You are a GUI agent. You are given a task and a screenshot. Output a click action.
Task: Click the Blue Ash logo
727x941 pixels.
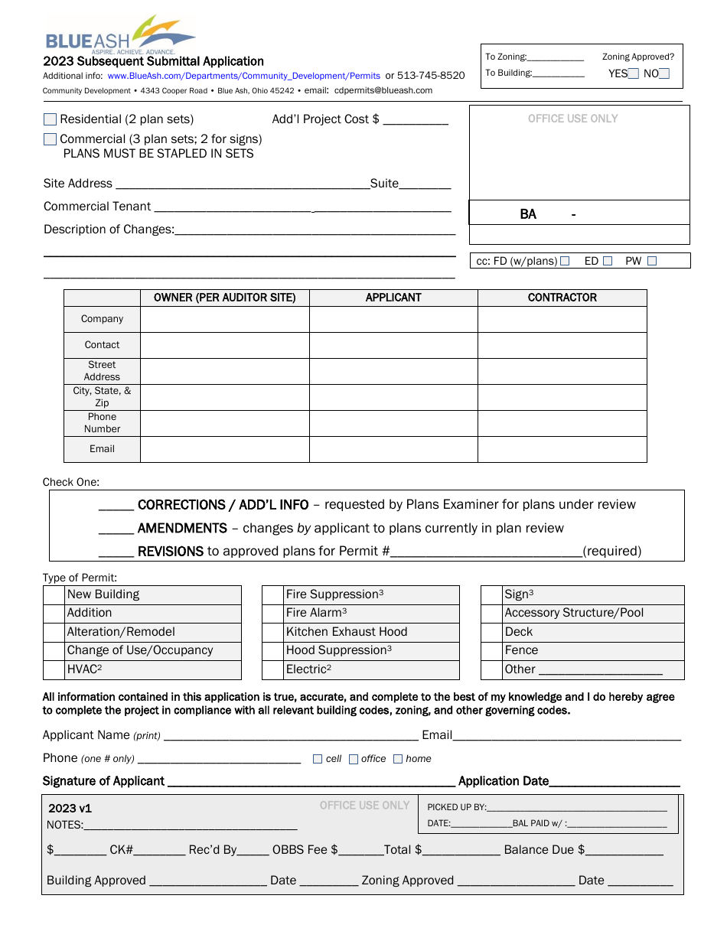point(120,34)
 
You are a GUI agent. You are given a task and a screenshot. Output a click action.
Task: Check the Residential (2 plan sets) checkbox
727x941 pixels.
point(51,119)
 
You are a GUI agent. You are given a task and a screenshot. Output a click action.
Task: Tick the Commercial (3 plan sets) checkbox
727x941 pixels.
point(51,139)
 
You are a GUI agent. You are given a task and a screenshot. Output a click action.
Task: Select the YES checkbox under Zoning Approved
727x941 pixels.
point(633,74)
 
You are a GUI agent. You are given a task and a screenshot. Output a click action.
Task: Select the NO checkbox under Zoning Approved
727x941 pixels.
point(664,74)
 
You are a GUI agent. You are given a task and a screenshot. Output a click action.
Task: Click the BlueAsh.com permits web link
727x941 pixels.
point(243,76)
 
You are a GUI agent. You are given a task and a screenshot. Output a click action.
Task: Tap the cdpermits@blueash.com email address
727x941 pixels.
point(383,90)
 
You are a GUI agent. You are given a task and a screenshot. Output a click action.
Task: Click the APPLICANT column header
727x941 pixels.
point(393,298)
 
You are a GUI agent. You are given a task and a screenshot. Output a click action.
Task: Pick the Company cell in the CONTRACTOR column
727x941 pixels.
point(562,319)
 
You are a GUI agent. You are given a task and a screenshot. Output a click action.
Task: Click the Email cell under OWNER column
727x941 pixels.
point(224,449)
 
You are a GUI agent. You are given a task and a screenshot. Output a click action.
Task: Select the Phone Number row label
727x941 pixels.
point(102,423)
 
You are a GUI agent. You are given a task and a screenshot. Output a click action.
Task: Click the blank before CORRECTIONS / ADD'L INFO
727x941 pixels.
point(116,506)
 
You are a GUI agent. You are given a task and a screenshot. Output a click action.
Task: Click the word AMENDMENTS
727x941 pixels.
point(182,529)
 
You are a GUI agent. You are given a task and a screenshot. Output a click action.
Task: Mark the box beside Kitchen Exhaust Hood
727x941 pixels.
point(272,632)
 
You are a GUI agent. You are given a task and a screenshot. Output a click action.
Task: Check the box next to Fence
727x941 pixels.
point(491,650)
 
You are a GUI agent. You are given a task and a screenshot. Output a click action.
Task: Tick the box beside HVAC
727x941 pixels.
point(54,669)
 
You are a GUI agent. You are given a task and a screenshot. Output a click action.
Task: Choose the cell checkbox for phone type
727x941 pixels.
point(318,759)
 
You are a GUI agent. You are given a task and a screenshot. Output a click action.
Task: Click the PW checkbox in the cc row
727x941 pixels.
point(652,261)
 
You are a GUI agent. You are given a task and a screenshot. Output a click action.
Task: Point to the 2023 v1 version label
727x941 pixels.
point(70,809)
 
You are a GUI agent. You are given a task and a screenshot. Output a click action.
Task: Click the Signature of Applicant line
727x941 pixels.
point(310,781)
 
